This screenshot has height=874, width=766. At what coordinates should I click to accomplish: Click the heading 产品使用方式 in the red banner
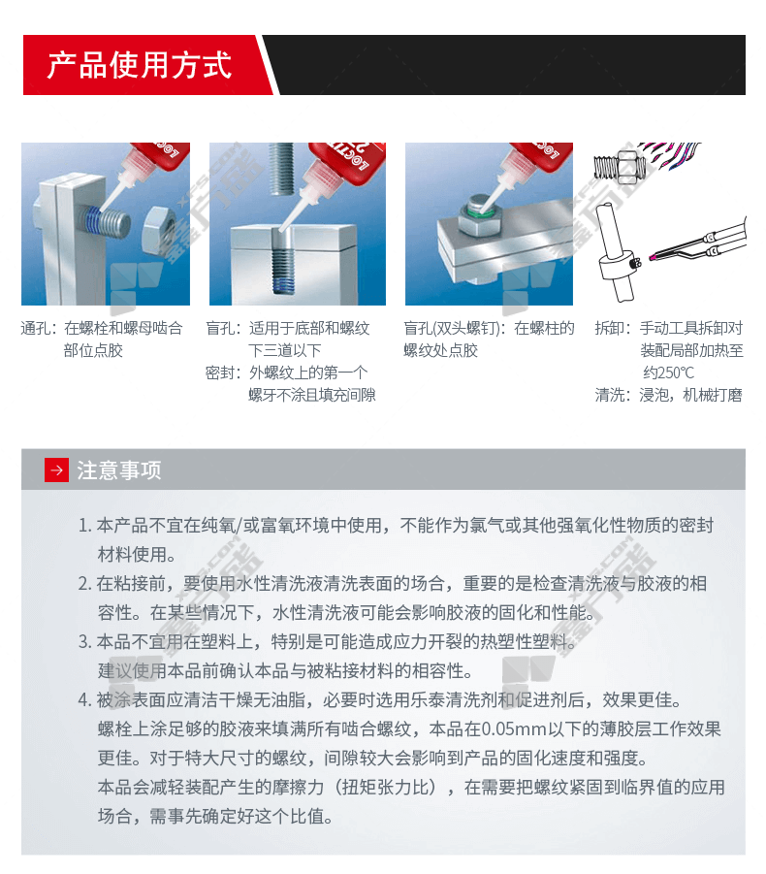pyautogui.click(x=139, y=65)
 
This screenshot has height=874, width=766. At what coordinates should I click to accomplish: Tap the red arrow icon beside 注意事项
pyautogui.click(x=56, y=470)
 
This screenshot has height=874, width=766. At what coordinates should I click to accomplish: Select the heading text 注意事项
pyautogui.click(x=119, y=470)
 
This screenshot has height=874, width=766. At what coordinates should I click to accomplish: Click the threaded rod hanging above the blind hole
pyautogui.click(x=282, y=169)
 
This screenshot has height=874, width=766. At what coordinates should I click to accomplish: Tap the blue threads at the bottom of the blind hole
pyautogui.click(x=284, y=278)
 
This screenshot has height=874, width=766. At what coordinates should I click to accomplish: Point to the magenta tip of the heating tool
pyautogui.click(x=652, y=257)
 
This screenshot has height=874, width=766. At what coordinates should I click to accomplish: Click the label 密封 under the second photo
pyautogui.click(x=218, y=372)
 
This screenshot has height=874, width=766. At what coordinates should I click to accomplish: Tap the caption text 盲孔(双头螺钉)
pyautogui.click(x=451, y=328)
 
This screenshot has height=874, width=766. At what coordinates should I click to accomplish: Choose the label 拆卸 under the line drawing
pyautogui.click(x=608, y=328)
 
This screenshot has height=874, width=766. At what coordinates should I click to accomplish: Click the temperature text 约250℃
pyautogui.click(x=668, y=372)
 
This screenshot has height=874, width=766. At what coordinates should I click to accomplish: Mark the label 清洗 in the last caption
pyautogui.click(x=608, y=395)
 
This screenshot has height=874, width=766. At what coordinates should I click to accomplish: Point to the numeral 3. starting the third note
pyautogui.click(x=85, y=642)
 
